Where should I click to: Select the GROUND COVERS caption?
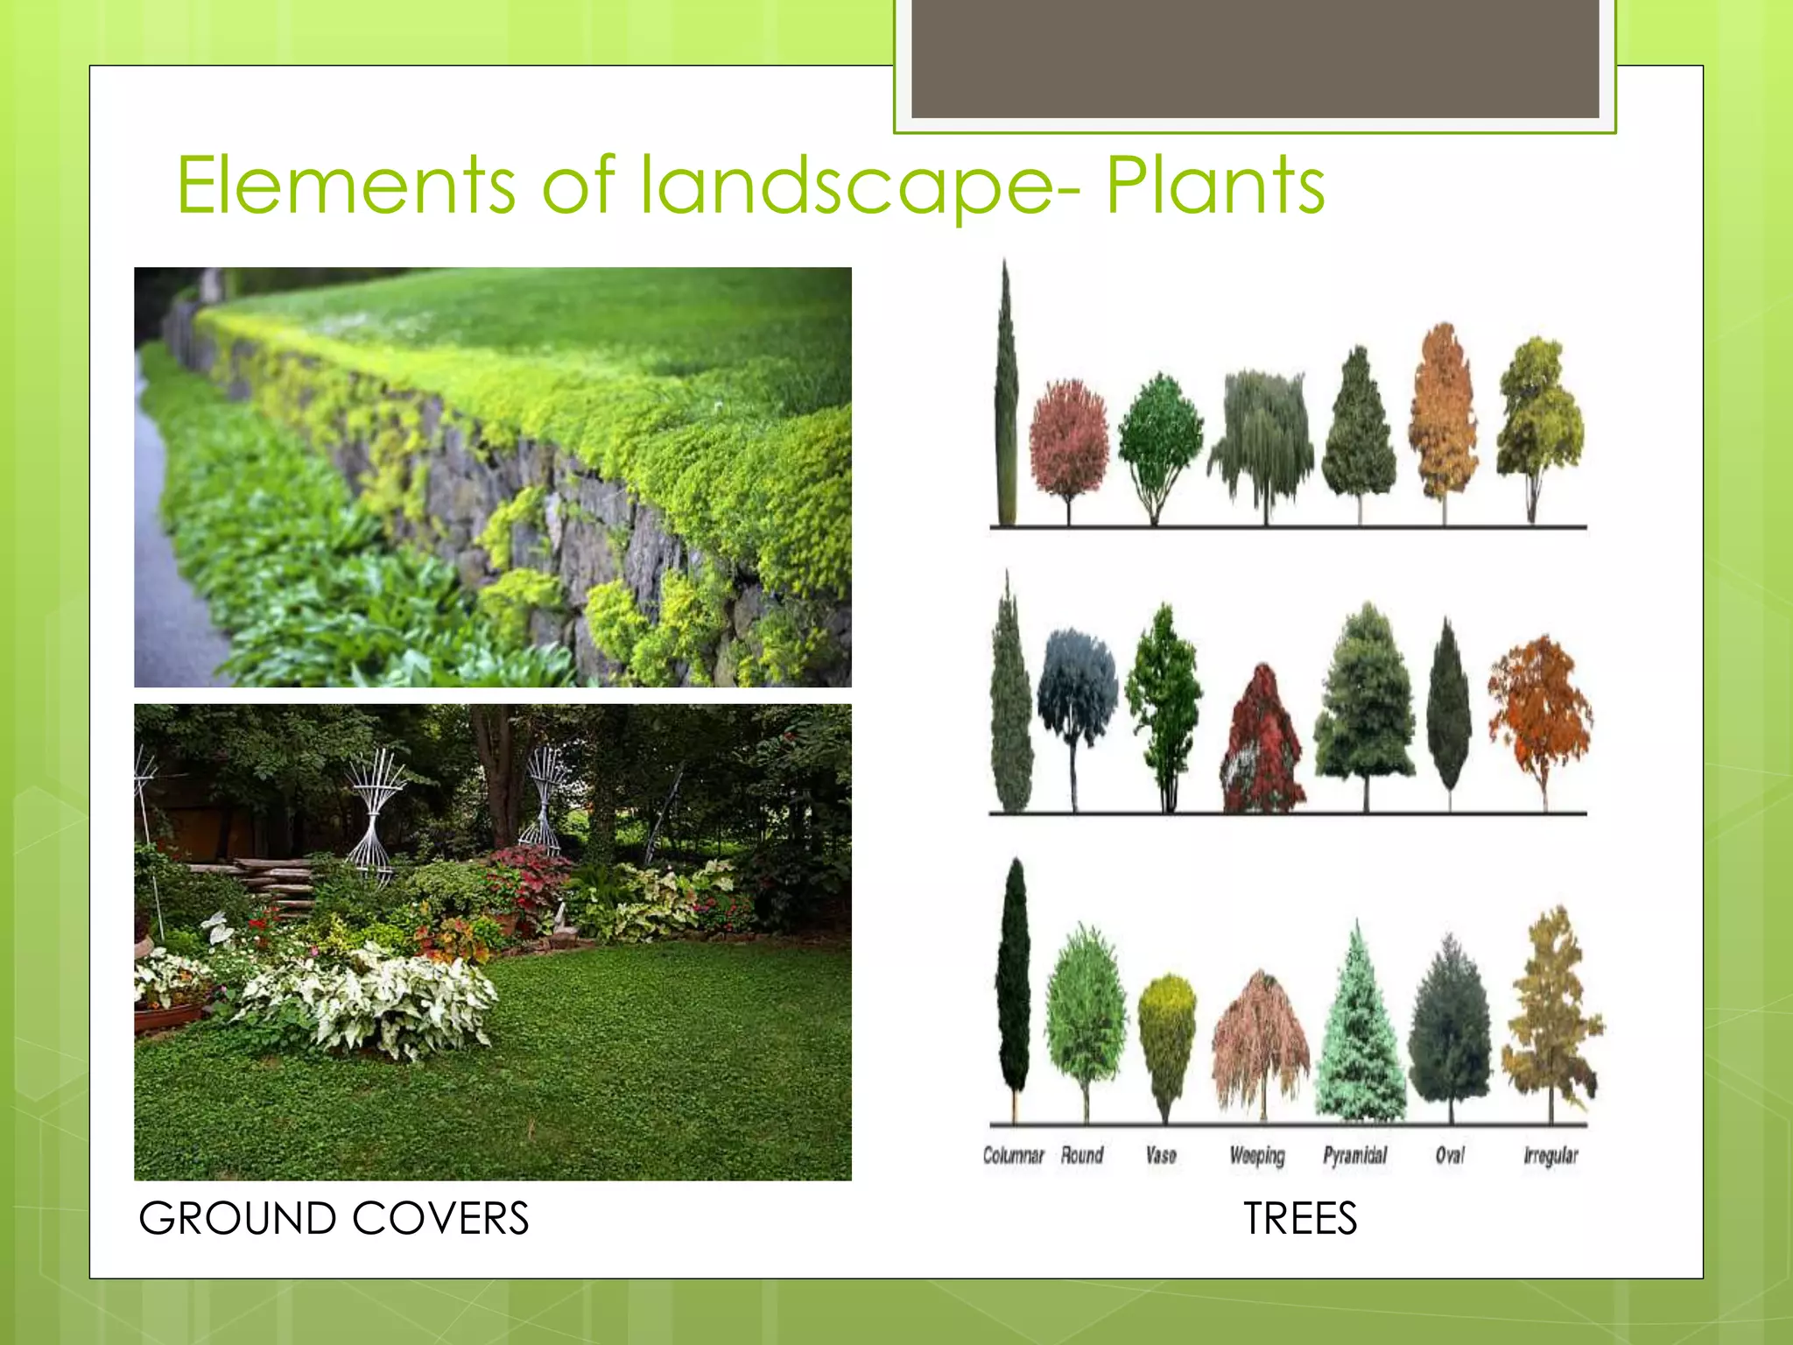[334, 1218]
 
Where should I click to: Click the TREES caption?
[1300, 1218]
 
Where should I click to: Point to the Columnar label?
[1013, 1156]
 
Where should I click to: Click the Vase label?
[1161, 1156]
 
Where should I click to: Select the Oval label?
[1450, 1156]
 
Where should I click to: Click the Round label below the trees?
[1082, 1156]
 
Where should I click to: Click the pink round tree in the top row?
[1068, 438]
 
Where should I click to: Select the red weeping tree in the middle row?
[1261, 744]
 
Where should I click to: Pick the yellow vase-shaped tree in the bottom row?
[1166, 1033]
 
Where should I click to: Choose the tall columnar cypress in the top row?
[1007, 394]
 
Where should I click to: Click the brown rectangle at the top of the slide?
[1255, 58]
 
